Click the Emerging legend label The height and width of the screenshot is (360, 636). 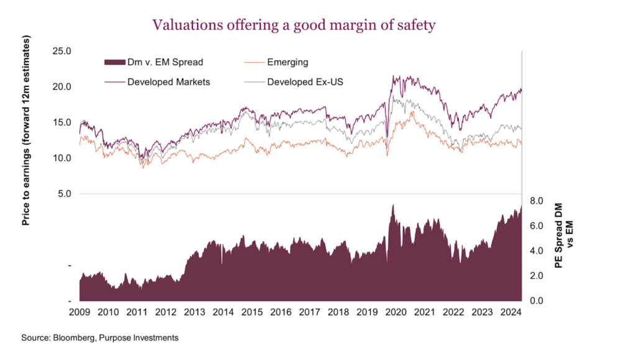coord(288,62)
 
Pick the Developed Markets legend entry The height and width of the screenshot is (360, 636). coord(168,81)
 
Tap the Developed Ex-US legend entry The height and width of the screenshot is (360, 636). coord(304,81)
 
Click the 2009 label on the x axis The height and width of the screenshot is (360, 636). coord(80,312)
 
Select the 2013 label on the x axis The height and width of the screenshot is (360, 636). coord(195,312)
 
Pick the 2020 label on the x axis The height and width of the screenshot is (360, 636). coord(396,312)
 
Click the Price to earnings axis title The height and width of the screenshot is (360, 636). coord(26,131)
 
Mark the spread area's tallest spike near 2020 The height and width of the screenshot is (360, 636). coord(393,206)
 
